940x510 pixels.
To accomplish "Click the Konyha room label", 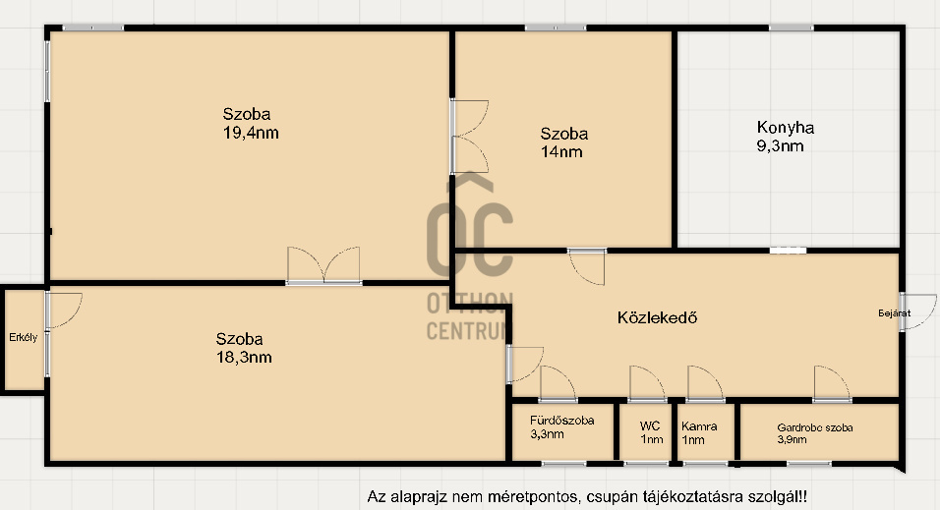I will tap(785, 127).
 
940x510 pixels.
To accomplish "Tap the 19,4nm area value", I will tap(251, 133).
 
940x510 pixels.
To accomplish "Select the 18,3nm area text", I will tap(244, 357).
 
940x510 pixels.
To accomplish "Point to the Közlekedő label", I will tap(657, 317).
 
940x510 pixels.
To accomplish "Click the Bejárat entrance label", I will tap(894, 313).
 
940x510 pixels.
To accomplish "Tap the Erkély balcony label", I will tap(23, 338).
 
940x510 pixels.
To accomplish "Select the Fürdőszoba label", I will tap(561, 421).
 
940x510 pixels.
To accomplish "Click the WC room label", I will tap(649, 426).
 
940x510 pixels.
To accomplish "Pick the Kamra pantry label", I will tap(699, 426).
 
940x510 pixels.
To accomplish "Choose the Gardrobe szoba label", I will tap(814, 427).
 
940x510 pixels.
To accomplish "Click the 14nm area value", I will tap(561, 151).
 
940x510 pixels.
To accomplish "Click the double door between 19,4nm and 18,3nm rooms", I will tap(323, 267).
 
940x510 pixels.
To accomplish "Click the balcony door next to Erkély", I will tap(62, 311).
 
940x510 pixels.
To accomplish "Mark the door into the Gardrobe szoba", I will tap(830, 384).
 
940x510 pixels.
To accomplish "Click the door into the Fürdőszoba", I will tap(558, 384).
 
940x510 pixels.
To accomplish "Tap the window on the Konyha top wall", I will tap(791, 28).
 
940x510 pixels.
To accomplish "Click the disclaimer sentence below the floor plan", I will tap(592, 497).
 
